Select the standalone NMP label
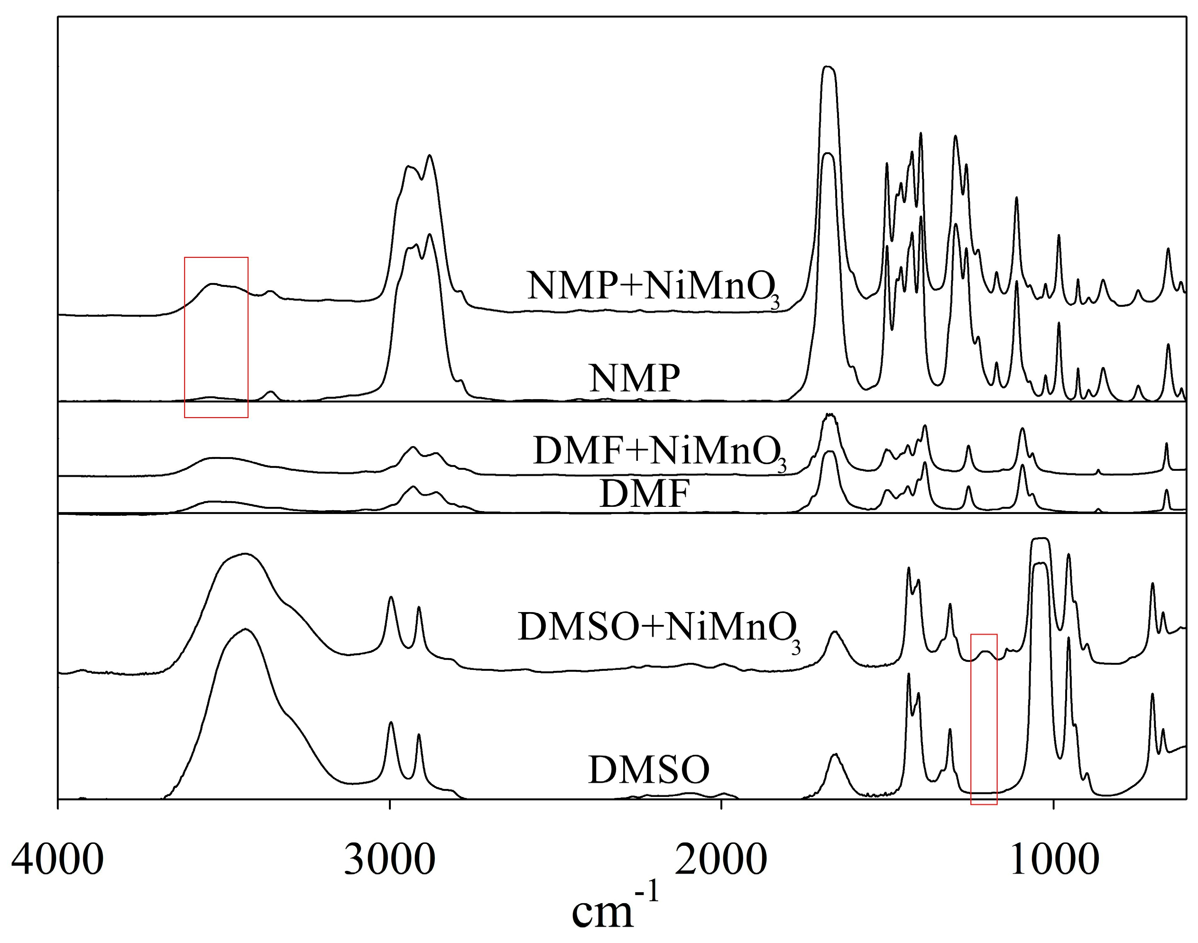click(635, 379)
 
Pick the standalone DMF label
click(645, 494)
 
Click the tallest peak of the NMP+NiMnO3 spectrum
click(828, 68)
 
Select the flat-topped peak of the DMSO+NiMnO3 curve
click(1040, 539)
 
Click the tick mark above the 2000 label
click(721, 803)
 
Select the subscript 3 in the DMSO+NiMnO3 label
click(796, 647)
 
